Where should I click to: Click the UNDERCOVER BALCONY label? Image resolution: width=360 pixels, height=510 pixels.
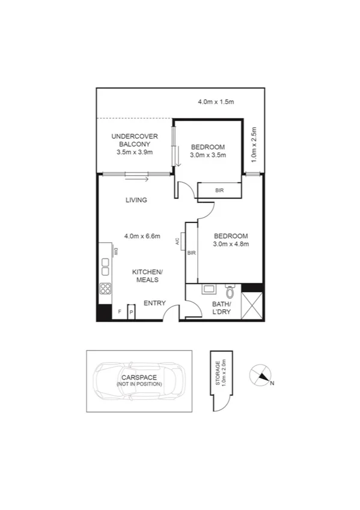pyautogui.click(x=135, y=141)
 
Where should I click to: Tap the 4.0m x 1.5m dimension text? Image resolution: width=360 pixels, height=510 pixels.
pyautogui.click(x=215, y=102)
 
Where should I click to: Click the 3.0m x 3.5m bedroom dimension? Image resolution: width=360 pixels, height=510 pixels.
pyautogui.click(x=208, y=155)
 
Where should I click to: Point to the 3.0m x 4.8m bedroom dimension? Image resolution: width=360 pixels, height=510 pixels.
pyautogui.click(x=231, y=244)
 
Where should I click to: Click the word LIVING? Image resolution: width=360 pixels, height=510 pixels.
pyautogui.click(x=136, y=200)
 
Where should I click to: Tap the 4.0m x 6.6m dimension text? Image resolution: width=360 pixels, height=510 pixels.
pyautogui.click(x=142, y=236)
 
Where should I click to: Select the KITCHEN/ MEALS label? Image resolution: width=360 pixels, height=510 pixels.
pyautogui.click(x=147, y=275)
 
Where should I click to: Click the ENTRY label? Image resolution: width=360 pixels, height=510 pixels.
pyautogui.click(x=154, y=303)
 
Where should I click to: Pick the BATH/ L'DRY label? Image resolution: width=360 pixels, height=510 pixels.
pyautogui.click(x=222, y=308)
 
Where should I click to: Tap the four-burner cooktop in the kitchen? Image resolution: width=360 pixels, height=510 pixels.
pyautogui.click(x=105, y=288)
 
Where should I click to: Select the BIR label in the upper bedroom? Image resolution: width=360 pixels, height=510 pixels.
pyautogui.click(x=220, y=190)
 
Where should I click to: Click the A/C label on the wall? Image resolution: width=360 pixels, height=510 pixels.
pyautogui.click(x=178, y=242)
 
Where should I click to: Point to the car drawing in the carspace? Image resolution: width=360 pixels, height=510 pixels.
pyautogui.click(x=139, y=381)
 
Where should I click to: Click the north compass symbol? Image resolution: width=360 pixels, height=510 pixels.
pyautogui.click(x=261, y=375)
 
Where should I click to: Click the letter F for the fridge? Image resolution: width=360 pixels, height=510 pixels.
pyautogui.click(x=120, y=312)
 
